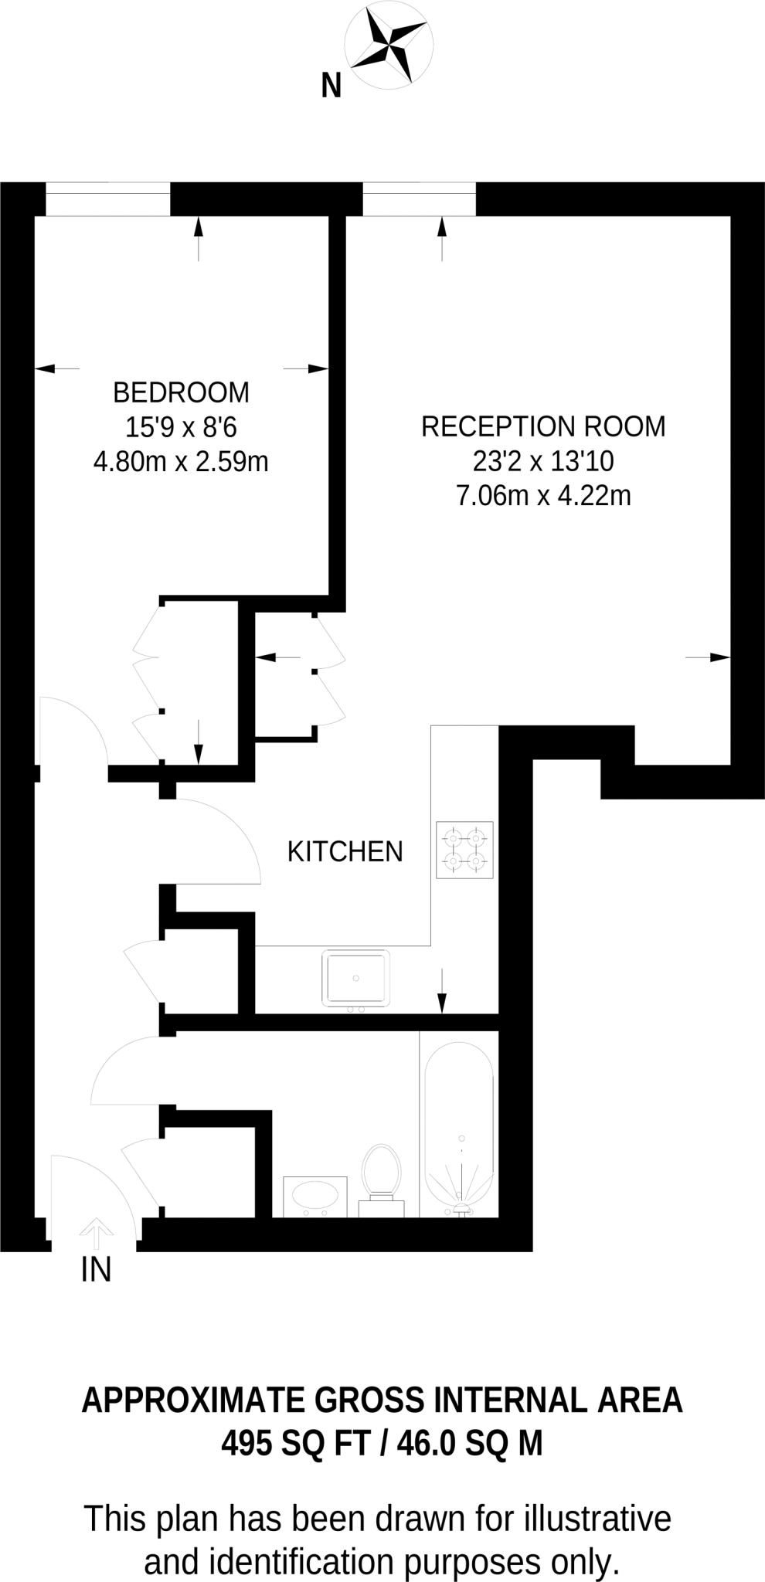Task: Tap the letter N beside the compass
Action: pyautogui.click(x=331, y=86)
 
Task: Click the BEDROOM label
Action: pyautogui.click(x=181, y=392)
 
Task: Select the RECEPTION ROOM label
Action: pyautogui.click(x=542, y=426)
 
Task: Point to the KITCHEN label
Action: pyautogui.click(x=345, y=851)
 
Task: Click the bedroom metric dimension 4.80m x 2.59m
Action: pyautogui.click(x=181, y=462)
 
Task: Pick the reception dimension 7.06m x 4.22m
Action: pyautogui.click(x=543, y=495)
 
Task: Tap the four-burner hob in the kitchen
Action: pyautogui.click(x=464, y=849)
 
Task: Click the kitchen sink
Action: pyautogui.click(x=356, y=978)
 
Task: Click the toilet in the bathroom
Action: pyautogui.click(x=380, y=1175)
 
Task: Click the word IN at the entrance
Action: pyautogui.click(x=97, y=1270)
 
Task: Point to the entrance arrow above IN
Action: pyautogui.click(x=96, y=1233)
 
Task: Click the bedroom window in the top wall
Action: pyautogui.click(x=107, y=200)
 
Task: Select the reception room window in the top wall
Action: pyautogui.click(x=420, y=200)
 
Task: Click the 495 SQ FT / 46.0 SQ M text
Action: pyautogui.click(x=382, y=1441)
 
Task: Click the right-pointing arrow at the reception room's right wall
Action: pyautogui.click(x=708, y=657)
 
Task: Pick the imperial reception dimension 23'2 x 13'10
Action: pyautogui.click(x=543, y=461)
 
